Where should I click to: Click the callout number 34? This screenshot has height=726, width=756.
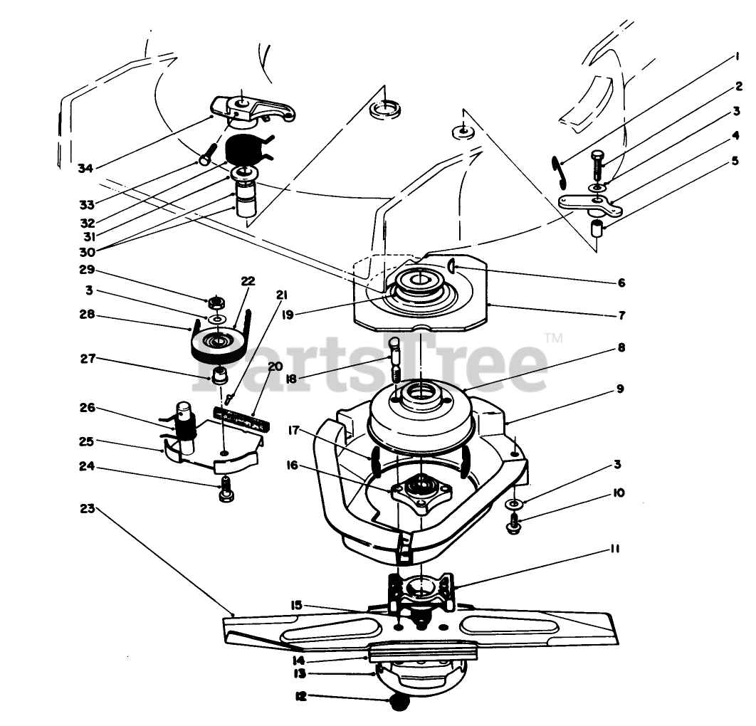85,168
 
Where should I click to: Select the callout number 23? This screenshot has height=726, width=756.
87,509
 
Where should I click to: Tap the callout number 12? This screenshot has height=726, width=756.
301,697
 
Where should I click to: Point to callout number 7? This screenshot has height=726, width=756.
621,314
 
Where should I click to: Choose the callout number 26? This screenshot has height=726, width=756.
87,409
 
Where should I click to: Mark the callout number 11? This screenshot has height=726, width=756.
614,549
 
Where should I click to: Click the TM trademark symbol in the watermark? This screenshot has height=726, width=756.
554,338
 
